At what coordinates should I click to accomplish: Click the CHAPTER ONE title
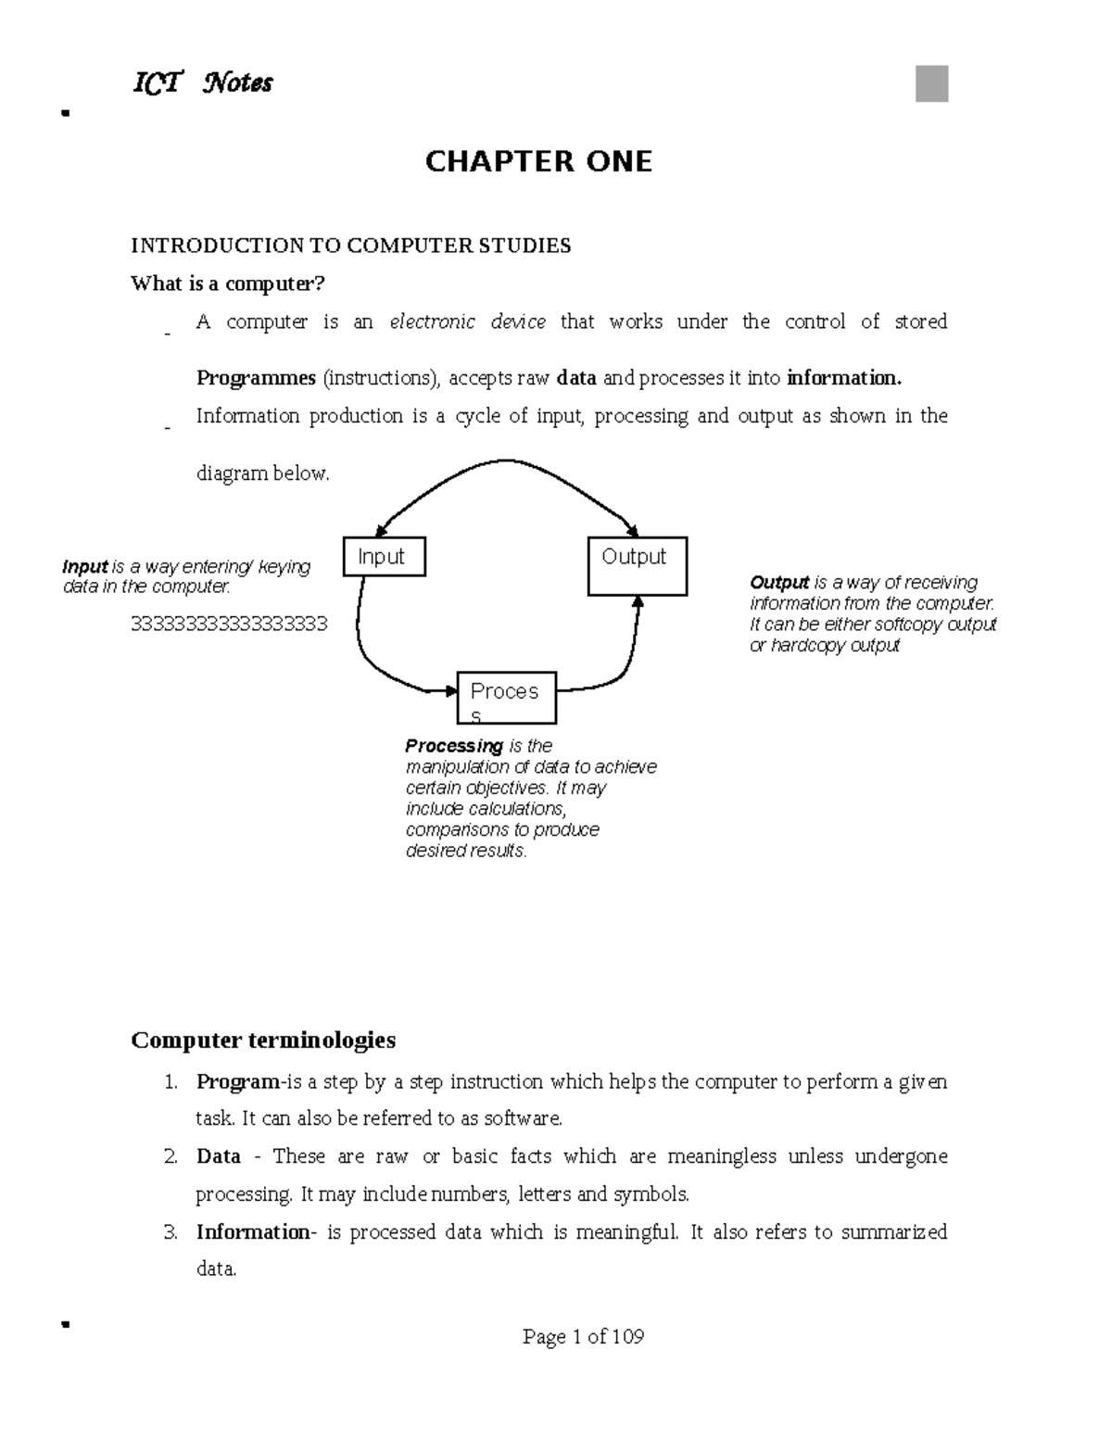point(538,162)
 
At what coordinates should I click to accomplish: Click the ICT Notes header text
point(203,83)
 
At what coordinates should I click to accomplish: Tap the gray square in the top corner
point(931,83)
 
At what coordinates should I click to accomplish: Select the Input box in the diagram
point(384,557)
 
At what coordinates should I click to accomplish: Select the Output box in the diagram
point(637,566)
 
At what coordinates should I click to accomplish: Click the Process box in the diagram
point(506,698)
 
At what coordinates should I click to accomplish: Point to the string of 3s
point(229,624)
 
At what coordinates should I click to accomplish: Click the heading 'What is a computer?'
point(228,284)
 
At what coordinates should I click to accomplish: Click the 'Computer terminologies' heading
point(263,1040)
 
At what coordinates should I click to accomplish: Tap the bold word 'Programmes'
point(256,378)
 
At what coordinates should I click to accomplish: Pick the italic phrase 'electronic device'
point(467,322)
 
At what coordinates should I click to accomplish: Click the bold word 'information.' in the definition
point(843,378)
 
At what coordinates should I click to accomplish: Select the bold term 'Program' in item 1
point(237,1081)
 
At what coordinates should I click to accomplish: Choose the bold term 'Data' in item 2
point(218,1156)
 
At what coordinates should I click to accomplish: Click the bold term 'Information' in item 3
point(252,1231)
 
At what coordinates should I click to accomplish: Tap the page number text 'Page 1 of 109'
point(583,1336)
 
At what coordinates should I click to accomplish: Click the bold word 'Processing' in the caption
point(454,746)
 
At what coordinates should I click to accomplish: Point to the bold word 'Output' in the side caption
point(779,583)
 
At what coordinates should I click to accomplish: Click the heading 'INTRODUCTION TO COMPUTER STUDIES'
point(350,246)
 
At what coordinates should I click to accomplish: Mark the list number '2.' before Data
point(171,1156)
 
